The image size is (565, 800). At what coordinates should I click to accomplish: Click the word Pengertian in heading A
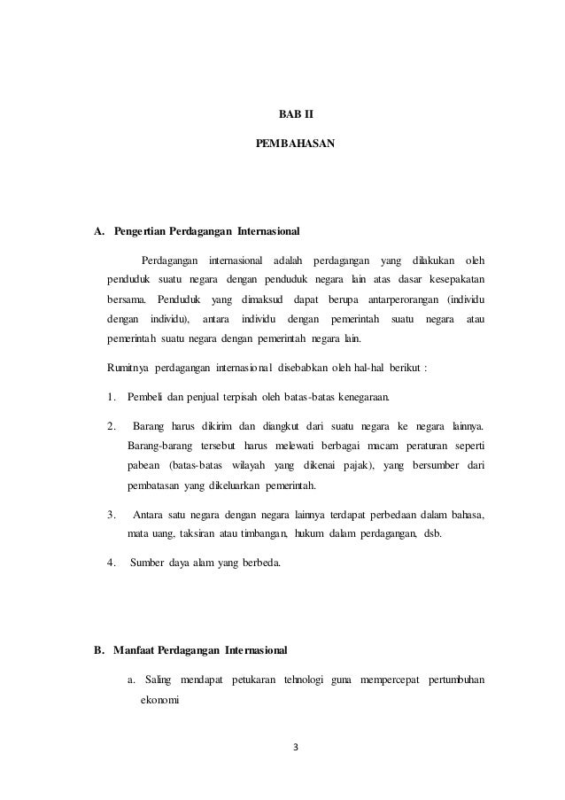coord(142,233)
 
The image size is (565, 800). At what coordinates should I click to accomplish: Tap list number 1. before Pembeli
coord(112,394)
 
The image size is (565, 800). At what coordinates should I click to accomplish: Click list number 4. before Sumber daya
coord(112,560)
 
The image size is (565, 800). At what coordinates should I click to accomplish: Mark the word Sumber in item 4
coord(147,560)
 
